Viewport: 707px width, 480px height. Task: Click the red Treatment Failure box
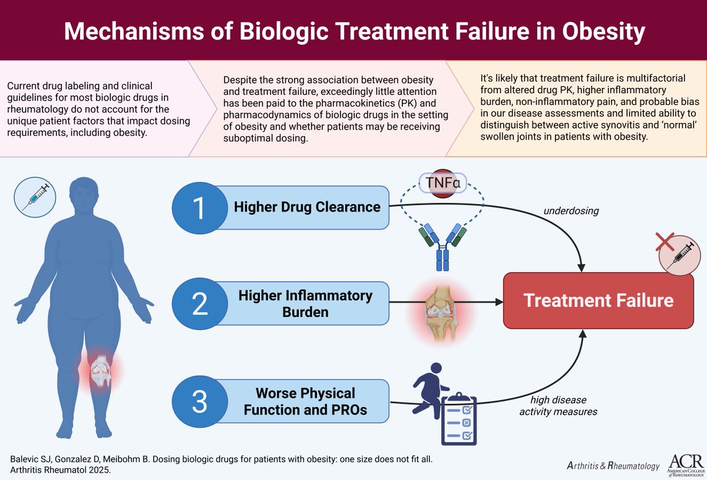tap(598, 300)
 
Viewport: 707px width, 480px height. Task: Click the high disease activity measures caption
tap(558, 406)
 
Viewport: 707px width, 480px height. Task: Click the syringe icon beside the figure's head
tap(35, 197)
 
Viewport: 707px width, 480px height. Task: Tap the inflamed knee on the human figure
tap(100, 368)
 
